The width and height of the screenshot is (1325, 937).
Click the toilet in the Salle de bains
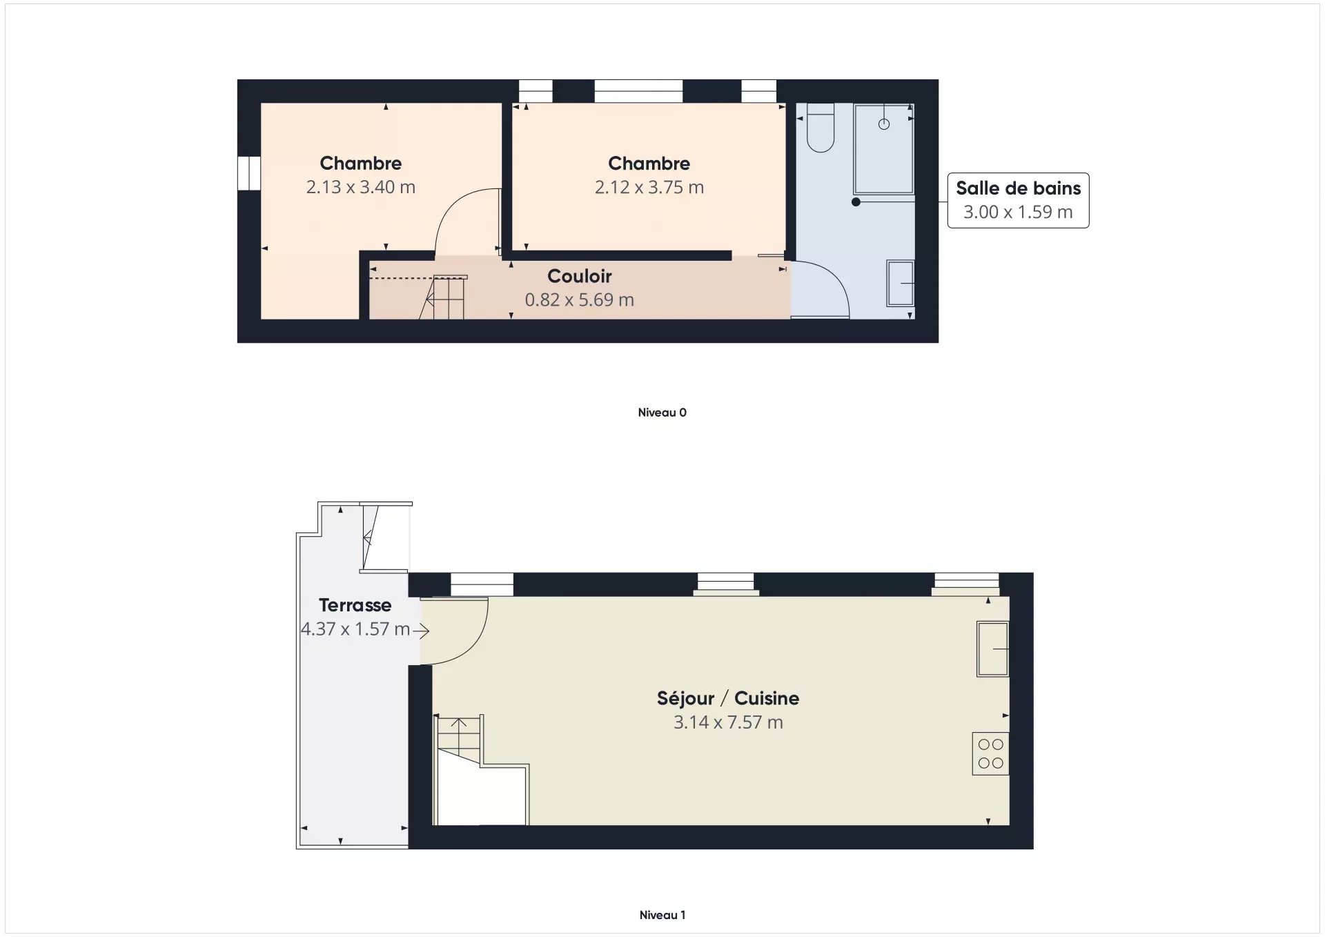pos(821,128)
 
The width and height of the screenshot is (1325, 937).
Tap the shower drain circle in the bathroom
pos(884,124)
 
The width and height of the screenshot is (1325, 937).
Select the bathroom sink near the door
pos(901,283)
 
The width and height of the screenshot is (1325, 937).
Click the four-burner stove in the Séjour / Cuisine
pos(990,753)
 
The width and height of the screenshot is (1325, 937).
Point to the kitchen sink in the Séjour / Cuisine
pos(992,649)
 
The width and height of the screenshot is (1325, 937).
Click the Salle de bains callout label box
pos(1018,200)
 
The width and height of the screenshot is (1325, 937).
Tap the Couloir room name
pos(580,276)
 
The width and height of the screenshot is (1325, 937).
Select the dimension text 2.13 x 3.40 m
pos(361,187)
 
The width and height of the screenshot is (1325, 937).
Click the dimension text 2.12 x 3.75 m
pos(649,187)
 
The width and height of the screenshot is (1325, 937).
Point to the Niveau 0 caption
pos(662,413)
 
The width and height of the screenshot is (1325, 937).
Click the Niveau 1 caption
pos(662,915)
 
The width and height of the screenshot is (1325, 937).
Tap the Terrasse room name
pos(355,605)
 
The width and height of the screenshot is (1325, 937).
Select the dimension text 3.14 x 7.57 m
pos(728,722)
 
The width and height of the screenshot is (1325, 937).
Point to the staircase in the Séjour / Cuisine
pos(481,770)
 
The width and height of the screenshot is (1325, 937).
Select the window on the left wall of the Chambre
pos(249,173)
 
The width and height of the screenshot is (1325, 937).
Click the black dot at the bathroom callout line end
pos(856,202)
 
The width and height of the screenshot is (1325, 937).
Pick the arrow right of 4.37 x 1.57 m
pos(421,630)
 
